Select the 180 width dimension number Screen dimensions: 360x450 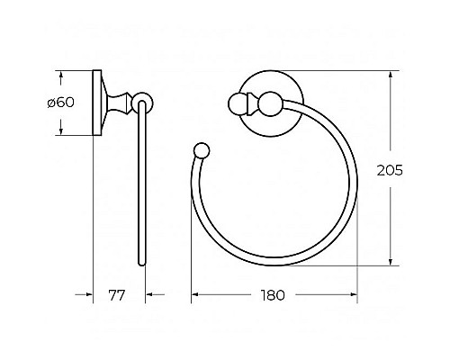(x=274, y=294)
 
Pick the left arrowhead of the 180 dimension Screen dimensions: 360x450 (x=195, y=294)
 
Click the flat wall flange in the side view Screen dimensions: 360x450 (x=96, y=103)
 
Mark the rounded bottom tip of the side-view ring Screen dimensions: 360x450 (x=141, y=264)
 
